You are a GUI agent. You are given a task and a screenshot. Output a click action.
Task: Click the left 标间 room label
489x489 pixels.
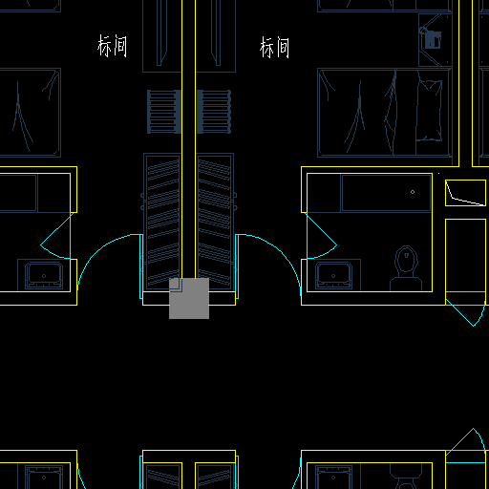(x=112, y=46)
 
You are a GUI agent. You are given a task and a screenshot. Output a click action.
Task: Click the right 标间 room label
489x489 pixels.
(x=274, y=47)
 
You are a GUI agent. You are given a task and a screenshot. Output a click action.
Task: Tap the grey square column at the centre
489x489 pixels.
(x=189, y=298)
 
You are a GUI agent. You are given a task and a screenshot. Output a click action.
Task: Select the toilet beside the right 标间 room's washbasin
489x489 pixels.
(x=406, y=268)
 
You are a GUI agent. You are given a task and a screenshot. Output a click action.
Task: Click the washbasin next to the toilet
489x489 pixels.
(x=333, y=275)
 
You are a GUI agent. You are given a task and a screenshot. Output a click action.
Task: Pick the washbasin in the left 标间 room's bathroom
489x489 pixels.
(x=44, y=275)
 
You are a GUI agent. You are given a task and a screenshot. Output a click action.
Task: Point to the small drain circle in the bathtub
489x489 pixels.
(x=413, y=192)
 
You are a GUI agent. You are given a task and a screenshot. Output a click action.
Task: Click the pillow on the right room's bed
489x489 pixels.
(x=430, y=110)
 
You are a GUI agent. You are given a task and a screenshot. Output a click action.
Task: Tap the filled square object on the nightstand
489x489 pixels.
(x=434, y=40)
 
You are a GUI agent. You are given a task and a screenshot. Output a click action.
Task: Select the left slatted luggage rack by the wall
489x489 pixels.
(x=164, y=112)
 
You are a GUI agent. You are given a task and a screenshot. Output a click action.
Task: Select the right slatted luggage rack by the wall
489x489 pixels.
(x=214, y=112)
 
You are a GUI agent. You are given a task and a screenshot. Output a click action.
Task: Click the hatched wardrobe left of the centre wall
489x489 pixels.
(x=162, y=222)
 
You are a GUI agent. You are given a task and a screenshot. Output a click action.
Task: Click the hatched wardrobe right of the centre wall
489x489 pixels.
(x=215, y=222)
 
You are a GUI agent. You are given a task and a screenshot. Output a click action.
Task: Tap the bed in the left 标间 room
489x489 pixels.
(x=30, y=113)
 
